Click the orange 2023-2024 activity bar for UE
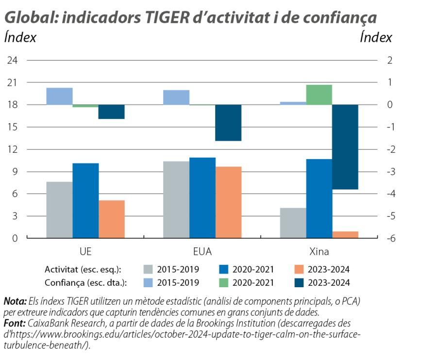pos(112,219)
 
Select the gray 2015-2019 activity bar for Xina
pos(293,223)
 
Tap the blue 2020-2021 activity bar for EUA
pos(202,197)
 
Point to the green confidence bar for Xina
pos(319,95)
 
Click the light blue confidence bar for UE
pos(59,96)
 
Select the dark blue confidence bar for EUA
pos(228,122)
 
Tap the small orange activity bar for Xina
pos(345,235)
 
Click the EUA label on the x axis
pos(202,252)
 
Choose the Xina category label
pos(319,252)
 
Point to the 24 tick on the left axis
pos(12,60)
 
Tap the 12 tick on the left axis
pos(12,149)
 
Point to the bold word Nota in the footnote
pos(15,301)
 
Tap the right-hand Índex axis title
pos(375,37)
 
